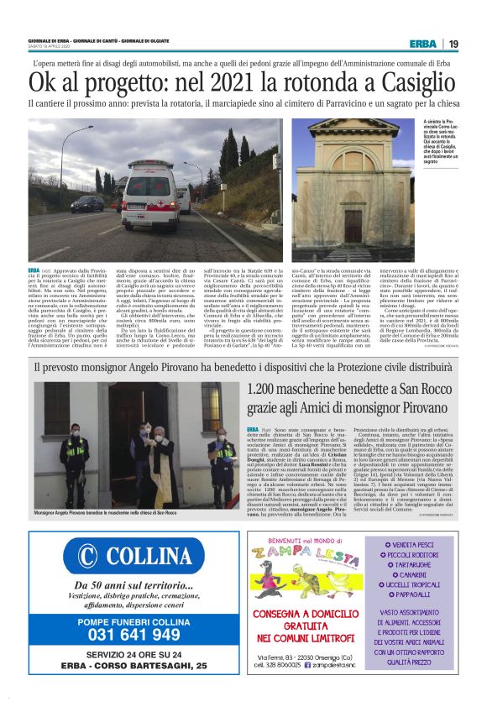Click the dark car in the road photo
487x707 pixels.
pyautogui.click(x=87, y=203)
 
